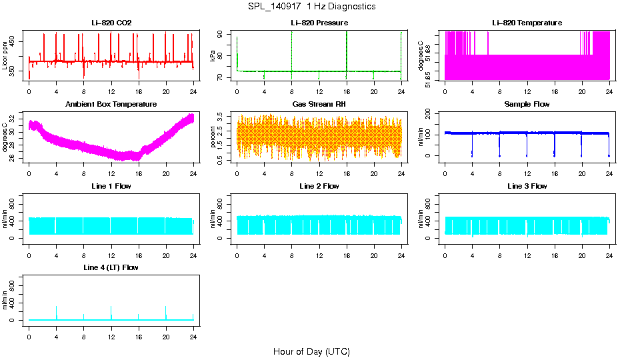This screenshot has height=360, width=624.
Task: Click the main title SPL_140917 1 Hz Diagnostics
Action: click(x=311, y=6)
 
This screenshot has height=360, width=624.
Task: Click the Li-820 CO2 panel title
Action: click(x=111, y=23)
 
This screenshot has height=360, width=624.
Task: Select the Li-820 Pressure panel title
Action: click(x=319, y=23)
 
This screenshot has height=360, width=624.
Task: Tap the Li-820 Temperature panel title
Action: click(x=527, y=23)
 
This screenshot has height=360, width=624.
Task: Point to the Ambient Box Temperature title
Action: click(x=111, y=104)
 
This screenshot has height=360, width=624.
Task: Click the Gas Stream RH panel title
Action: click(x=319, y=104)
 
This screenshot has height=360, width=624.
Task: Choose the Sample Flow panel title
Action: click(x=527, y=104)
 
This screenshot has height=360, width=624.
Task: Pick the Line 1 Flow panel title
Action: click(x=111, y=186)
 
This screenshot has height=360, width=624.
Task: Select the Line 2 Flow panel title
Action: click(x=319, y=186)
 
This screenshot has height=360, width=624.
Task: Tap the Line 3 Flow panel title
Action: click(x=527, y=186)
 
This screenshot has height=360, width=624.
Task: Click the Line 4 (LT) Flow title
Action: click(x=111, y=267)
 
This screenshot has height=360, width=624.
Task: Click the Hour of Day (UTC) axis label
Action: click(x=311, y=351)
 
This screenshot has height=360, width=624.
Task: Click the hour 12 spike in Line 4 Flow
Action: click(x=111, y=307)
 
